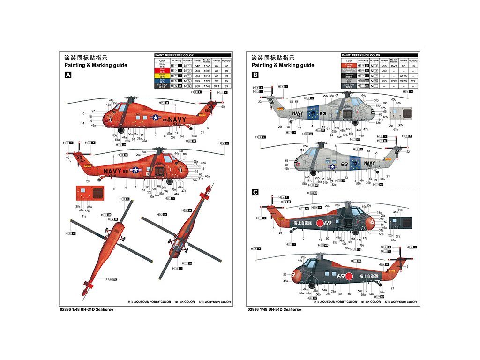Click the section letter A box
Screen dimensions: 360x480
pos(68,75)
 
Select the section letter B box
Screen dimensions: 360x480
pos(255,75)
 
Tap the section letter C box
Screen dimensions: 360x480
pos(255,192)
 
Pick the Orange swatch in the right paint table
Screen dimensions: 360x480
pos(349,66)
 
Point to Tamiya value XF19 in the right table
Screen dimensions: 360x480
pos(403,81)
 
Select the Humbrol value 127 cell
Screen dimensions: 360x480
pos(413,81)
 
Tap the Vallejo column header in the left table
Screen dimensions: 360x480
pos(197,60)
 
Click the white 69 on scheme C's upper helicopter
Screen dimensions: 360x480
pos(327,223)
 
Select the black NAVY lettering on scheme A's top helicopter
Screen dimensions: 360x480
pos(177,120)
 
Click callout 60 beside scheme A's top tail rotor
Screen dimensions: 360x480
pos(223,107)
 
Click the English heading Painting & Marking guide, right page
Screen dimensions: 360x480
pos(283,65)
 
